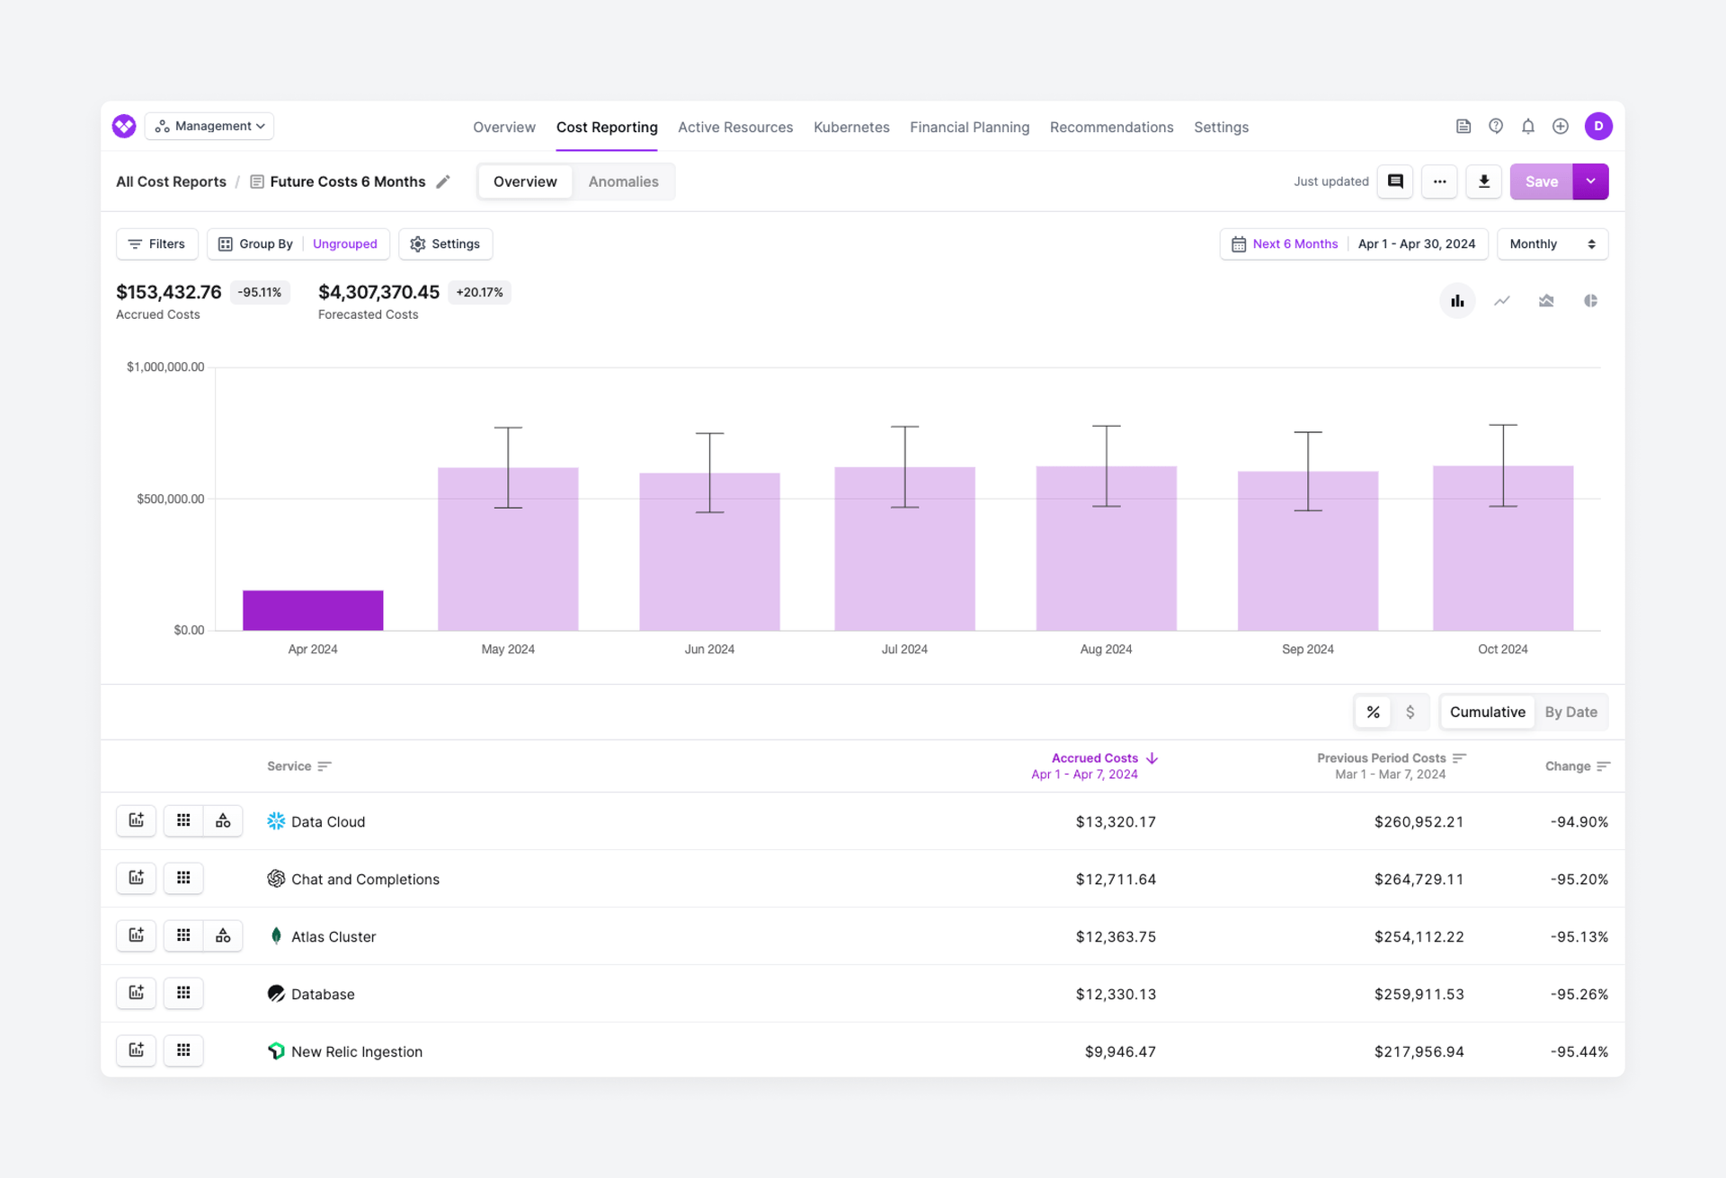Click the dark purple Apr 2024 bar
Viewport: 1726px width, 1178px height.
pyautogui.click(x=313, y=610)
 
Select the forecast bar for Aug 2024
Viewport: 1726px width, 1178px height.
pyautogui.click(x=1106, y=566)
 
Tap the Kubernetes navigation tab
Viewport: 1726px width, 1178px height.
pyautogui.click(x=850, y=128)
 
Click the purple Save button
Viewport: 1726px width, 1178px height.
pyautogui.click(x=1541, y=182)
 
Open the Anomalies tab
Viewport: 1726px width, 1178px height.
pyautogui.click(x=623, y=182)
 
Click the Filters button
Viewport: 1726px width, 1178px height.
pyautogui.click(x=157, y=244)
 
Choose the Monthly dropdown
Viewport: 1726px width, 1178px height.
pyautogui.click(x=1552, y=244)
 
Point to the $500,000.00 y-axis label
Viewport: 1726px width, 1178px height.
pyautogui.click(x=170, y=499)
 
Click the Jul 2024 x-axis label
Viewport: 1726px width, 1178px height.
pyautogui.click(x=903, y=649)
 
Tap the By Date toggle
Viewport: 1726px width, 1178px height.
pyautogui.click(x=1570, y=712)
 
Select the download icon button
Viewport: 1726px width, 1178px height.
pyautogui.click(x=1483, y=182)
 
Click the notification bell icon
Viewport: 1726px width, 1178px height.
pyautogui.click(x=1527, y=127)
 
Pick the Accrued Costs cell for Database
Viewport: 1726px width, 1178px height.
pyautogui.click(x=1115, y=994)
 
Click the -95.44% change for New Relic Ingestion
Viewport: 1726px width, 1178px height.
pyautogui.click(x=1579, y=1051)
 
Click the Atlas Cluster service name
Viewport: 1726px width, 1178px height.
pyautogui.click(x=334, y=936)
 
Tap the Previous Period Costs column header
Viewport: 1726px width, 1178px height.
pyautogui.click(x=1382, y=758)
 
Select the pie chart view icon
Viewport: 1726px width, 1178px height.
pyautogui.click(x=1590, y=301)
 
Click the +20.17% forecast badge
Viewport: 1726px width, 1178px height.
pyautogui.click(x=479, y=292)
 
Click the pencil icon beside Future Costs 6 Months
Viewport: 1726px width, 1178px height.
pyautogui.click(x=443, y=182)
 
